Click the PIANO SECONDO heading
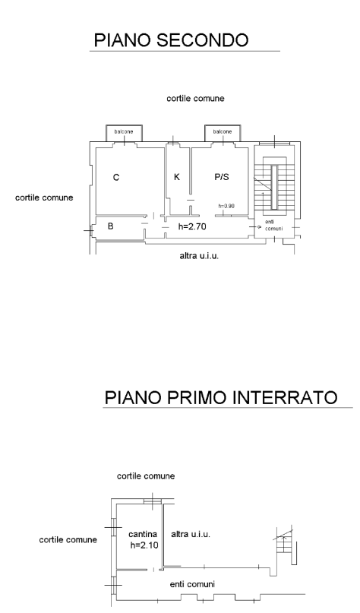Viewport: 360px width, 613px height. pos(171,39)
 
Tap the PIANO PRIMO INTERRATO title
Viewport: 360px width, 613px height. pos(221,397)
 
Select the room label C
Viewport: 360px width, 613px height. pos(116,178)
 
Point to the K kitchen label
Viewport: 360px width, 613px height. pos(177,177)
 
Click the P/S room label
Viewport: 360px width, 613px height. pos(222,177)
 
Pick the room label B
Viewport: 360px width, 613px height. pos(111,226)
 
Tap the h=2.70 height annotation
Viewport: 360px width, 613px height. pos(192,226)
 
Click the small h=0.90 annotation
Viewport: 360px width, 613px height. pos(227,206)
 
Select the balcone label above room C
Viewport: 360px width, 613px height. pos(124,131)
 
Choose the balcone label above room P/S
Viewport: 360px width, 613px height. pos(223,131)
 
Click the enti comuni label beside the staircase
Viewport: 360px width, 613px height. pos(273,225)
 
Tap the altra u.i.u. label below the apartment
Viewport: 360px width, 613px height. pos(199,257)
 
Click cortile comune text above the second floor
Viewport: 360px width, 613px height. pos(195,99)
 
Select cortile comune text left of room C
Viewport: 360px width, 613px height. pos(44,197)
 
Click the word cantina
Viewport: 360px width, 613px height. pos(143,534)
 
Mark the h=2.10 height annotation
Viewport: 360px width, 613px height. pos(144,545)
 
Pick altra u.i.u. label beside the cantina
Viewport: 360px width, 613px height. pos(191,534)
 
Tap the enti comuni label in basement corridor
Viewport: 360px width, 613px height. pos(192,584)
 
